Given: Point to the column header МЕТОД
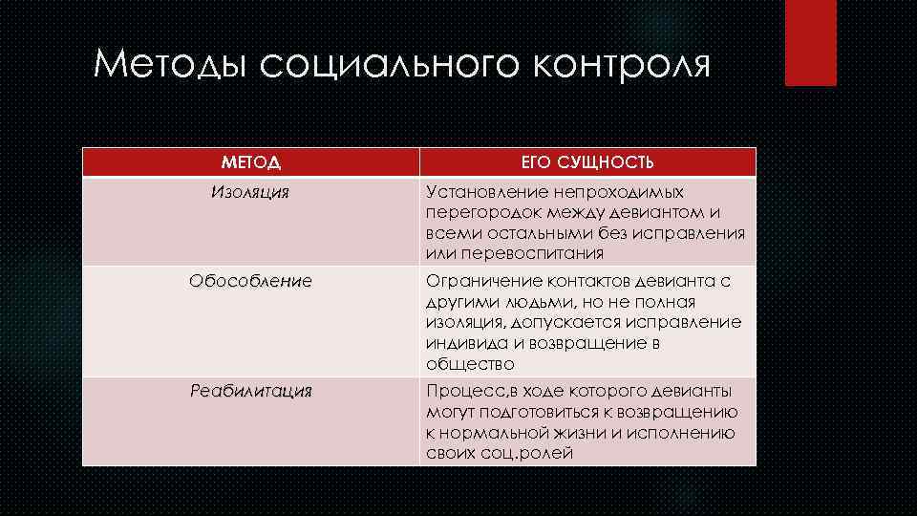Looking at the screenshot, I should [251, 162].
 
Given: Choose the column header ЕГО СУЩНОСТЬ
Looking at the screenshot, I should [587, 162].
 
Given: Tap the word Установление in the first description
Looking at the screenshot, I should [485, 192].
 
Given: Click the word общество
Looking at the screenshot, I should [470, 364].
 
